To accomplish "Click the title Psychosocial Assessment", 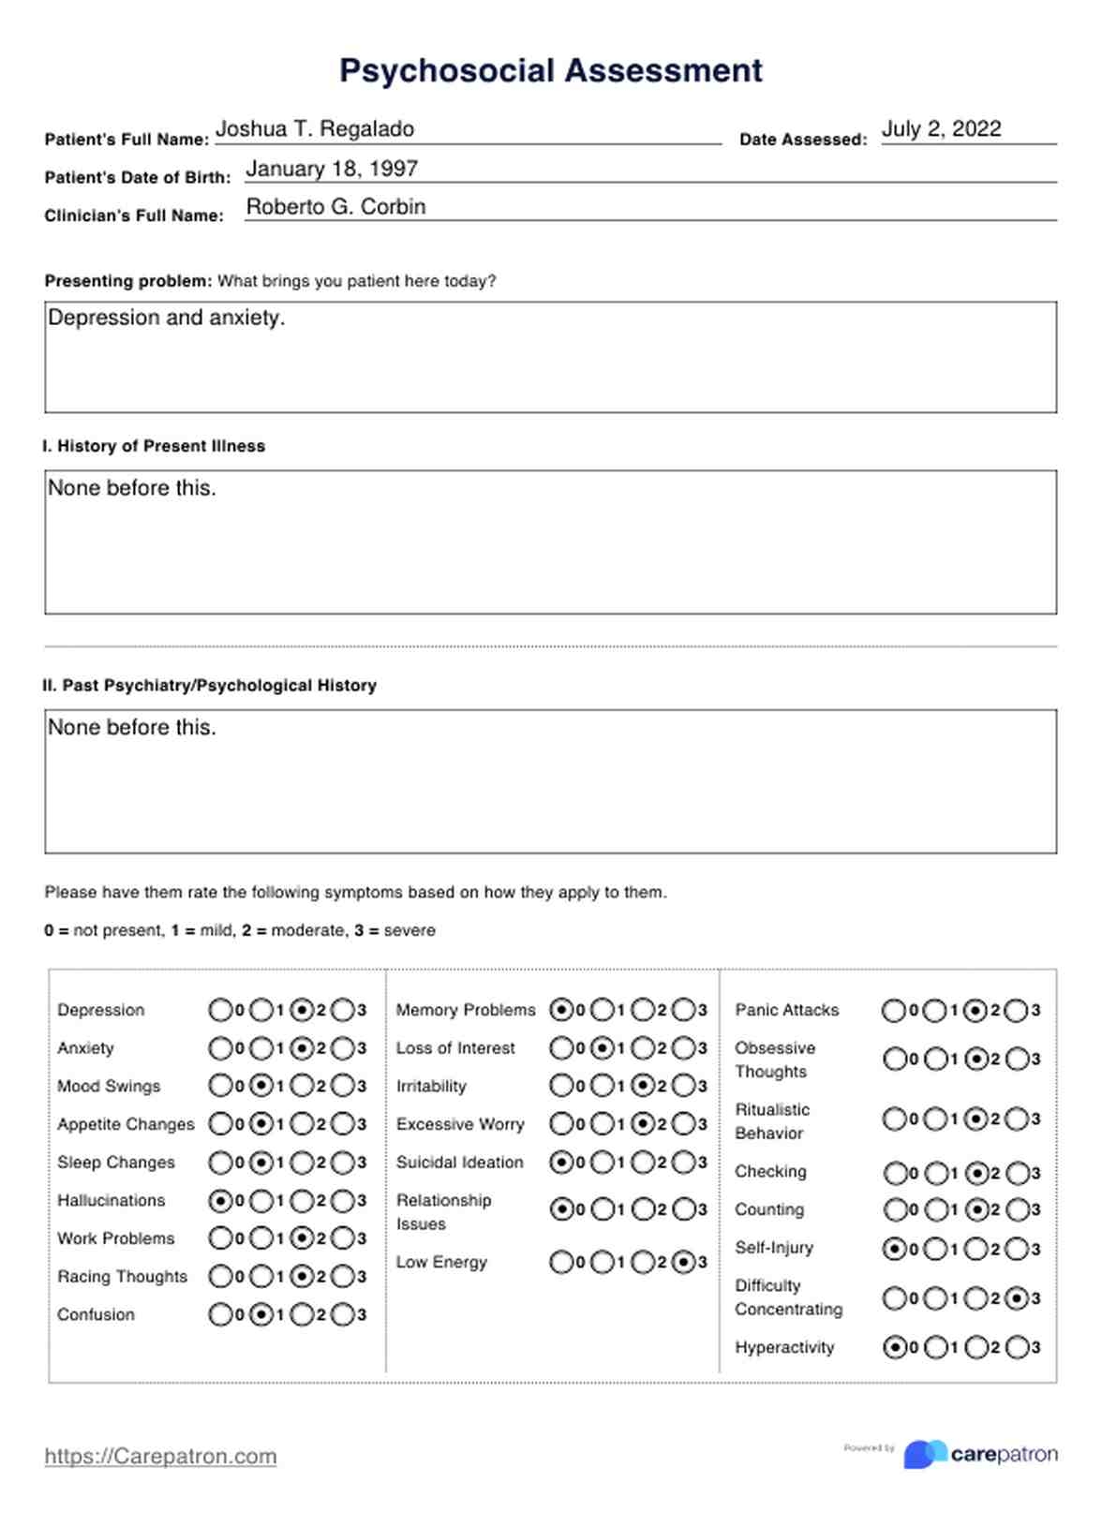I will [550, 71].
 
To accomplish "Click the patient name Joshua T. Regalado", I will [315, 129].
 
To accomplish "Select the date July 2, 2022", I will [941, 129].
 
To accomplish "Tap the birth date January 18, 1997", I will [331, 169].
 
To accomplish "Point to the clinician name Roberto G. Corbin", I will [335, 207].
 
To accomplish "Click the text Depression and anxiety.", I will [166, 319].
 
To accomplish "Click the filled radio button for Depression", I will [302, 1010].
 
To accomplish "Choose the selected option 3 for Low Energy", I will [684, 1263].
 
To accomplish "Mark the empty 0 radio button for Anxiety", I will [220, 1048].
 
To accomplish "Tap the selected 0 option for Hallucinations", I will [220, 1200].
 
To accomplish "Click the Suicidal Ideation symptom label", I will [459, 1163].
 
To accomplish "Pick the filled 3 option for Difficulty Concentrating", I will [1016, 1298].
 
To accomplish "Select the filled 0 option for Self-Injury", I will [894, 1249].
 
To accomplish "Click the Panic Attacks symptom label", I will [786, 1010].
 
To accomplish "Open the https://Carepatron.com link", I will [160, 1456].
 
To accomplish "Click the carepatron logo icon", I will [924, 1454].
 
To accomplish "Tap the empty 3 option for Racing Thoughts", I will [343, 1276].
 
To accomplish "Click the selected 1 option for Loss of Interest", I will [603, 1048].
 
